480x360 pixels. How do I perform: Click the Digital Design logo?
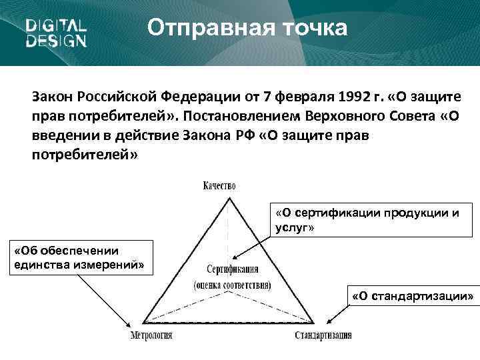56,33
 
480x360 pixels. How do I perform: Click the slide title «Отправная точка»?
247,29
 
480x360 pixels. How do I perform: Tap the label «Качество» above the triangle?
219,186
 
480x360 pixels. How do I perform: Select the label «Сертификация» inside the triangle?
233,271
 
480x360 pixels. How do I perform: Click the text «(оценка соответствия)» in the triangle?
232,285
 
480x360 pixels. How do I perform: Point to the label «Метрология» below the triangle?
151,335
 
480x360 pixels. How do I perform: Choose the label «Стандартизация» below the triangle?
323,335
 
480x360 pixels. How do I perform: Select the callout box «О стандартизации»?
413,295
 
